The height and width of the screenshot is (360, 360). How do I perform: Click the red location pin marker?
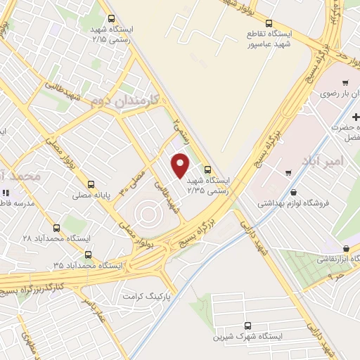(x=181, y=165)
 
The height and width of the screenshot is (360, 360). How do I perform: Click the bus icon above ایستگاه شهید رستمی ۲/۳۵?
(x=207, y=169)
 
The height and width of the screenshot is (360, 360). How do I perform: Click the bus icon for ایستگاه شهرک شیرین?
(x=246, y=326)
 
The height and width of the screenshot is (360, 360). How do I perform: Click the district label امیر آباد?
(x=323, y=161)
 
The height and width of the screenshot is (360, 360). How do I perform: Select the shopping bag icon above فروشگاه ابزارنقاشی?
(x=347, y=248)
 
